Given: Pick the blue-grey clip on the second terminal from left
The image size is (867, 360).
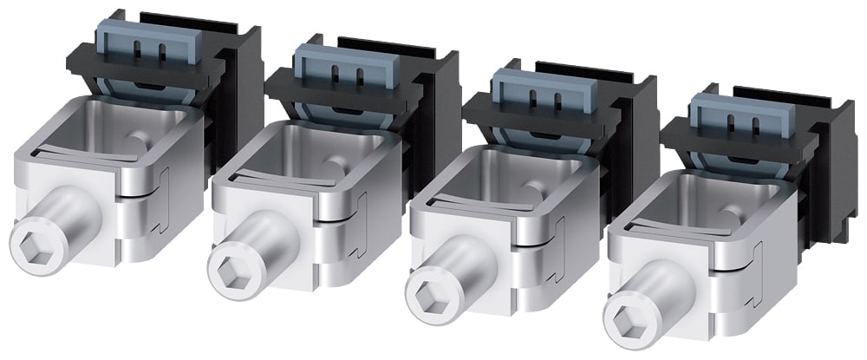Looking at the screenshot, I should click(334, 66).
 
